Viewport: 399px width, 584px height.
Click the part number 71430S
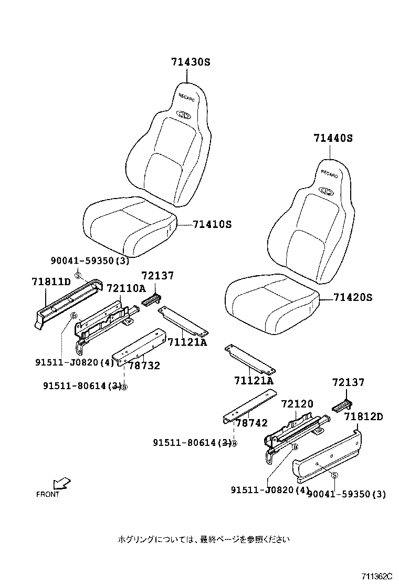pyautogui.click(x=190, y=61)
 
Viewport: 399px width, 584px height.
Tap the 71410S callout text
pyautogui.click(x=212, y=224)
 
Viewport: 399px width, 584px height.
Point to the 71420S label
pyautogui.click(x=352, y=297)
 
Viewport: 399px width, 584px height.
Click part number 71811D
pyautogui.click(x=51, y=282)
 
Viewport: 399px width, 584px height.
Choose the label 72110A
pyautogui.click(x=125, y=288)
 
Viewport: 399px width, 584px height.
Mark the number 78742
pyautogui.click(x=251, y=423)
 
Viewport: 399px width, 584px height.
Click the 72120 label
pyautogui.click(x=297, y=404)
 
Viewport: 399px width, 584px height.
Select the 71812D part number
pyautogui.click(x=364, y=417)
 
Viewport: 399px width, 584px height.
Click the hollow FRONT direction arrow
pyautogui.click(x=62, y=483)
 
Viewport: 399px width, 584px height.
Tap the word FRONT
pyautogui.click(x=48, y=494)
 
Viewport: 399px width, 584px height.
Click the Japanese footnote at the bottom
pyautogui.click(x=203, y=539)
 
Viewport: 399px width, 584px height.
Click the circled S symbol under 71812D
pyautogui.click(x=334, y=475)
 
